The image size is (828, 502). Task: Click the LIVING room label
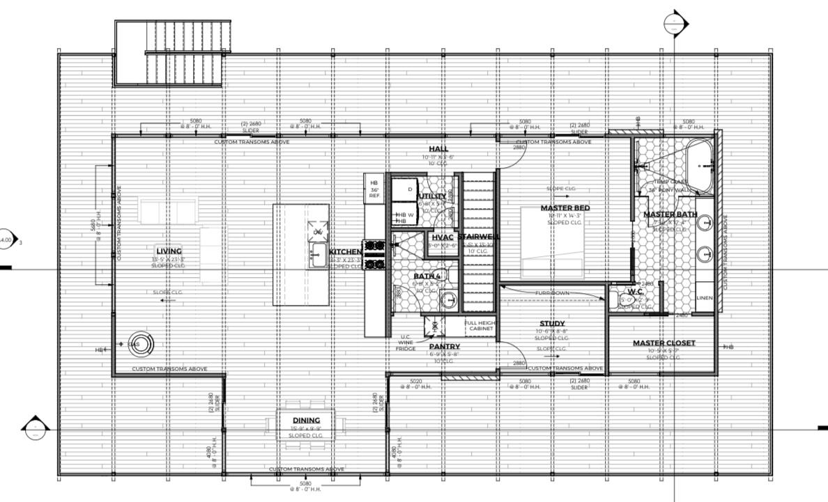point(169,251)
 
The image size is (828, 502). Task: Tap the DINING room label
point(306,420)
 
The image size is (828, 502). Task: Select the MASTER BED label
point(565,208)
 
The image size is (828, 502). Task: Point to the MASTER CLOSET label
point(664,343)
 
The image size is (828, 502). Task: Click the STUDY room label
point(552,324)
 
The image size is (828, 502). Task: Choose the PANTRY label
point(444,346)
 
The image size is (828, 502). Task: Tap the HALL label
point(438,149)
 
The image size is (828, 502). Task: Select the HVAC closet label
point(443,237)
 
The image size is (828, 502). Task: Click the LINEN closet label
point(705,298)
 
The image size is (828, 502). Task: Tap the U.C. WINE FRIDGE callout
point(405,342)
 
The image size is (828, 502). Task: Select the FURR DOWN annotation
point(552,293)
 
